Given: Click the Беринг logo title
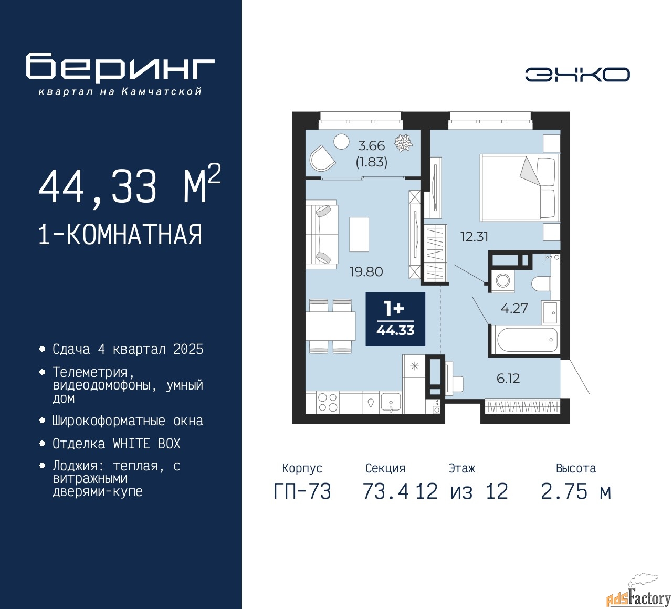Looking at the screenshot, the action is [x=120, y=67].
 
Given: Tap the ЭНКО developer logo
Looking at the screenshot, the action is [x=577, y=75].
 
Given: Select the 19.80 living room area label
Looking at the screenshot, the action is [x=366, y=271].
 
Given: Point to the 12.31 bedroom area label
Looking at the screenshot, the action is [x=475, y=237].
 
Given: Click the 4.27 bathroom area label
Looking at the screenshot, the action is [x=514, y=308].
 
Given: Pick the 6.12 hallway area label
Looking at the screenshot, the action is [x=508, y=379].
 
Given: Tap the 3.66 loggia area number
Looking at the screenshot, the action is [x=372, y=146].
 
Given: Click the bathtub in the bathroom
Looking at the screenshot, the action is [x=527, y=340].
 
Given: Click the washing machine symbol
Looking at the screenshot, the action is [x=502, y=280].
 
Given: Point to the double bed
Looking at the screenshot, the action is [x=520, y=187].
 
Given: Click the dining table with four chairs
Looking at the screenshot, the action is [x=330, y=326].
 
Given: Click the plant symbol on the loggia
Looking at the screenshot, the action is [x=403, y=143].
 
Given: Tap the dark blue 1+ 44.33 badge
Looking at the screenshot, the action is [x=395, y=319].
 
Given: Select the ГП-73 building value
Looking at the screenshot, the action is [x=302, y=491].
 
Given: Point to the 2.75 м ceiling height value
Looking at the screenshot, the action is [x=576, y=491].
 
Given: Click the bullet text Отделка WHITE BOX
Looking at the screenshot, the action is [x=116, y=444].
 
